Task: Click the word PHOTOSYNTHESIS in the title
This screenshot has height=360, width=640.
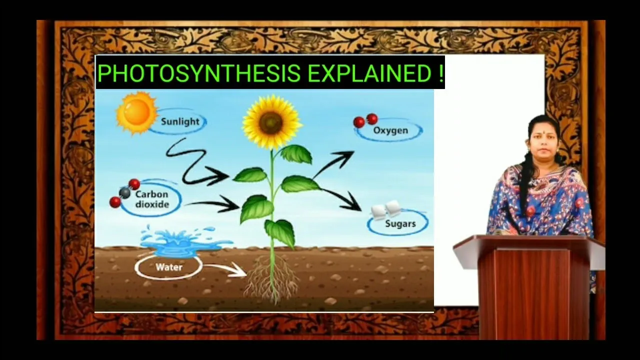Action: pyautogui.click(x=198, y=73)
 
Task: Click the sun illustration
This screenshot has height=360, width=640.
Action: pyautogui.click(x=136, y=112)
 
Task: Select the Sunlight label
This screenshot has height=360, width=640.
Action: pyautogui.click(x=180, y=121)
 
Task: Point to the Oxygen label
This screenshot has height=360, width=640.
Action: pyautogui.click(x=390, y=130)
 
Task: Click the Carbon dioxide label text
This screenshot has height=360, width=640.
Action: pyautogui.click(x=152, y=199)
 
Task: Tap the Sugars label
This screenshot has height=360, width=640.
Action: pyautogui.click(x=400, y=223)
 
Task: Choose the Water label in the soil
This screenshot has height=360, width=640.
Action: pyautogui.click(x=169, y=267)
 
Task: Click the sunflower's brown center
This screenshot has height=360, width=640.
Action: pyautogui.click(x=270, y=123)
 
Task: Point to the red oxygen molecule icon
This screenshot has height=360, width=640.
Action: pyautogui.click(x=365, y=120)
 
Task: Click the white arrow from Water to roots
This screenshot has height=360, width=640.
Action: pyautogui.click(x=225, y=269)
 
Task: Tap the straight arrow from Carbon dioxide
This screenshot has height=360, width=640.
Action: pyautogui.click(x=213, y=204)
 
